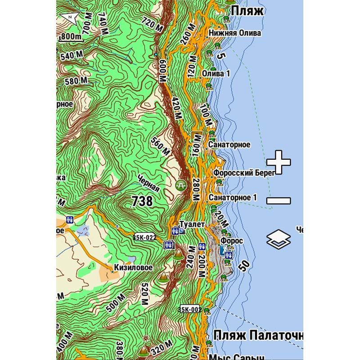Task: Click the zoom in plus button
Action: pyautogui.click(x=278, y=162)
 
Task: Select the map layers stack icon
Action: pyautogui.click(x=279, y=239)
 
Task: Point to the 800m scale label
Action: pyautogui.click(x=72, y=36)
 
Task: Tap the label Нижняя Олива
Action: pyautogui.click(x=234, y=33)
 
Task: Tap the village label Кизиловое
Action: pyautogui.click(x=133, y=267)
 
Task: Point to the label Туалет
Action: pyautogui.click(x=192, y=224)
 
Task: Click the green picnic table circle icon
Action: pyautogui.click(x=181, y=184)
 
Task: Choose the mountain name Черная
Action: pyautogui.click(x=148, y=182)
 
